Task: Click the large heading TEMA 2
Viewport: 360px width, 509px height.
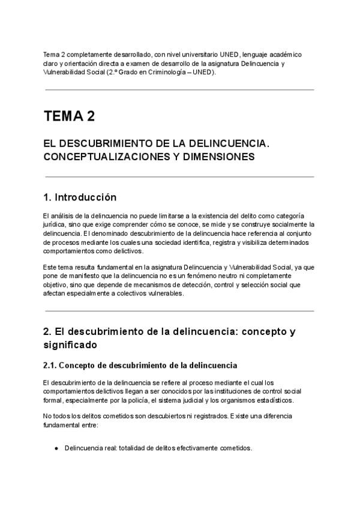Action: coord(69,116)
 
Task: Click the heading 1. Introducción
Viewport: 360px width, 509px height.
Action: coord(80,197)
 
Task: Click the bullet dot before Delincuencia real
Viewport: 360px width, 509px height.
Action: coord(56,448)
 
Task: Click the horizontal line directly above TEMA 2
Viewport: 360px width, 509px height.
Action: coord(179,90)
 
